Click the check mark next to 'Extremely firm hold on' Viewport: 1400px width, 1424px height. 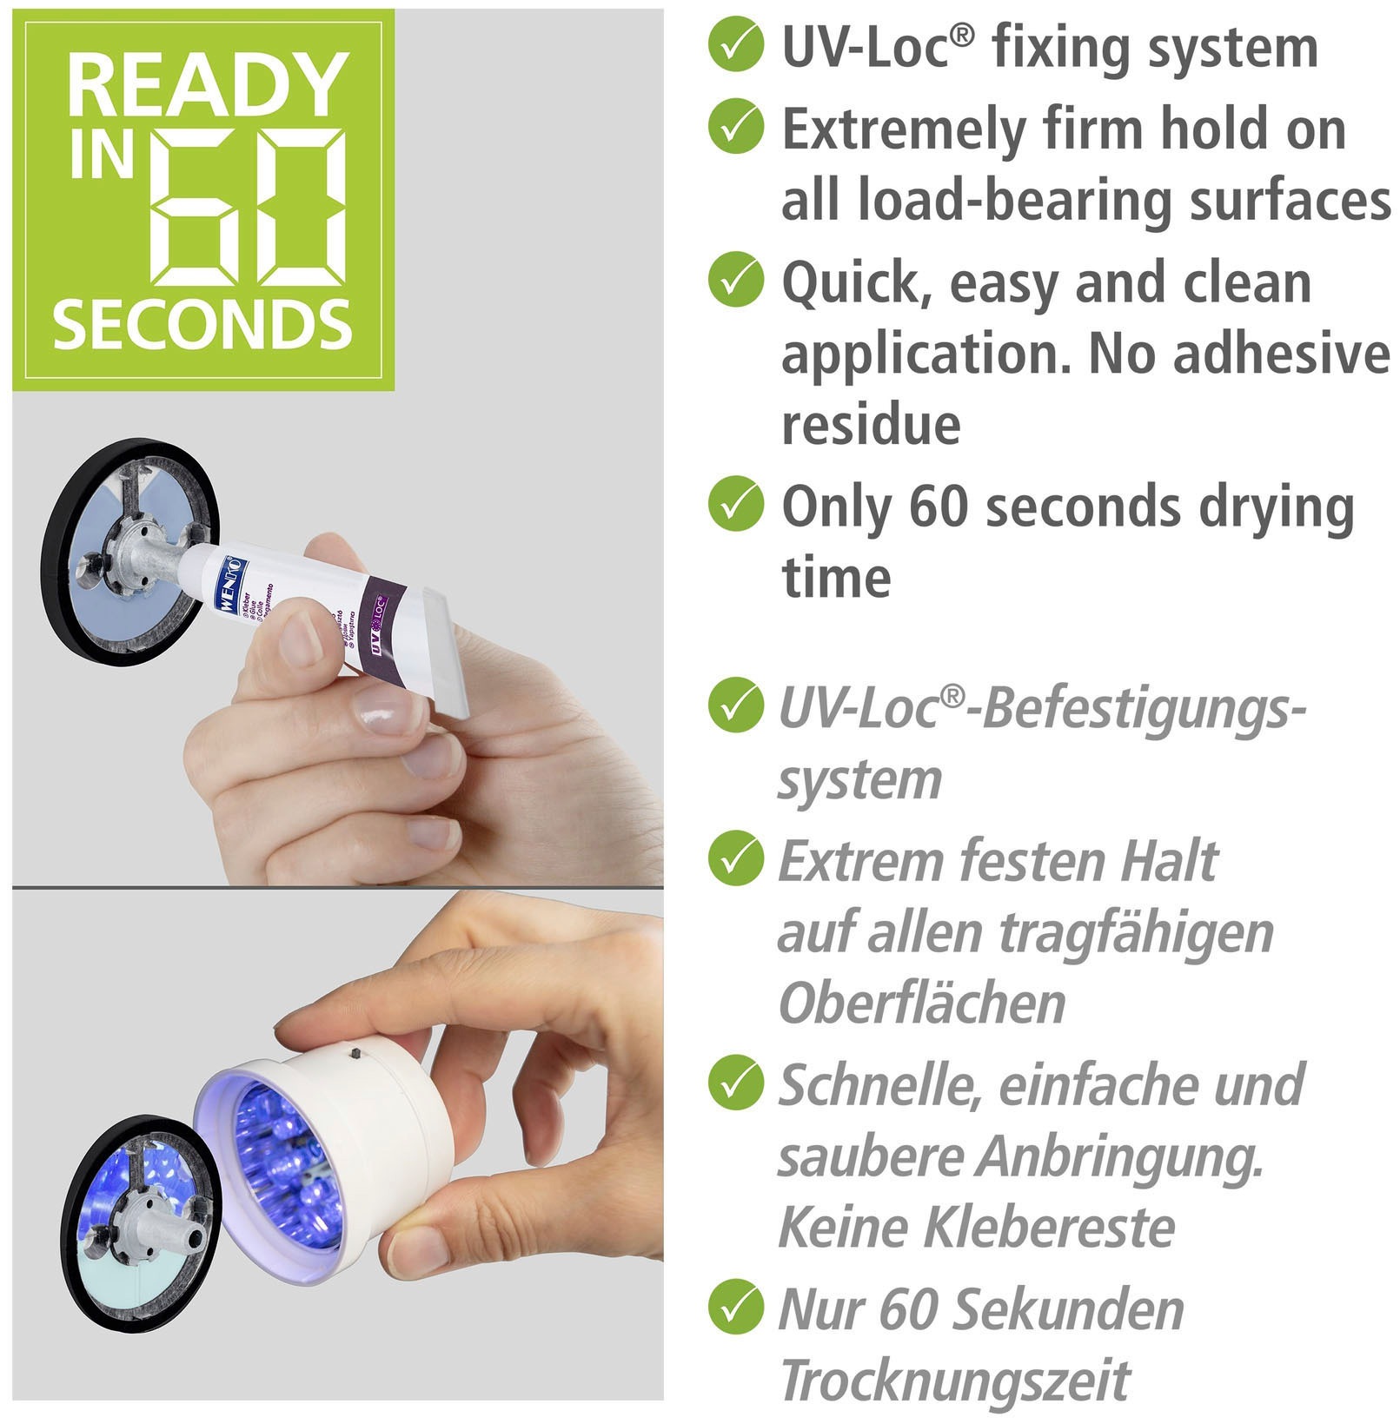click(735, 127)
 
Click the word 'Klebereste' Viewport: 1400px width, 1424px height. click(1049, 1227)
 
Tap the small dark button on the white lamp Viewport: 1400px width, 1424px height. click(355, 1054)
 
